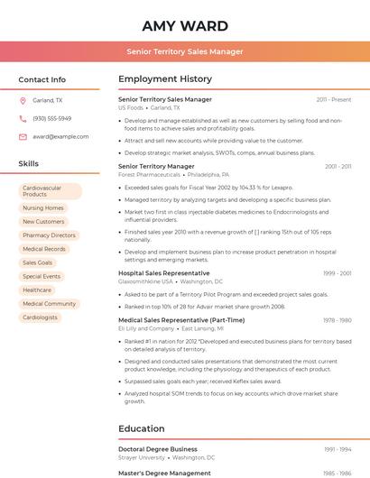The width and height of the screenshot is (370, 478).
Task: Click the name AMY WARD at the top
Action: click(x=185, y=25)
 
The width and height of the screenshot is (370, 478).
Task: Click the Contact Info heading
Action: click(x=42, y=79)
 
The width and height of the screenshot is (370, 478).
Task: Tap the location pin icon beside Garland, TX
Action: click(x=23, y=100)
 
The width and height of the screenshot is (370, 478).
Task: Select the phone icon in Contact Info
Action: click(x=23, y=118)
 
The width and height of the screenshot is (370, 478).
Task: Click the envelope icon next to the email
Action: click(x=23, y=136)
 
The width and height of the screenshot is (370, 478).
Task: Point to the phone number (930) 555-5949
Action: click(x=51, y=118)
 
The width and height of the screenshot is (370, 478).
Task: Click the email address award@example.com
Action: click(x=60, y=136)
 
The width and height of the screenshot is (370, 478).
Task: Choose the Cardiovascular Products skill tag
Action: click(x=51, y=191)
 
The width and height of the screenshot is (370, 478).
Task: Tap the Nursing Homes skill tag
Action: click(x=43, y=207)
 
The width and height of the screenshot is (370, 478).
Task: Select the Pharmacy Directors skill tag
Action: click(x=49, y=234)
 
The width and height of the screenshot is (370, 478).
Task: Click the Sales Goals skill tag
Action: click(x=38, y=262)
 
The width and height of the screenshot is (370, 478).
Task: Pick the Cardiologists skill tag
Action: click(x=40, y=317)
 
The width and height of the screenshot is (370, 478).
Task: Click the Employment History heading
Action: click(x=165, y=79)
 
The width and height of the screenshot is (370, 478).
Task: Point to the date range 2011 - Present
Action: click(x=334, y=99)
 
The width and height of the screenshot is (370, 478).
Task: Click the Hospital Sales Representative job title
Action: click(x=163, y=272)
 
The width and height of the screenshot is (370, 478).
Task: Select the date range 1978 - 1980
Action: click(x=338, y=320)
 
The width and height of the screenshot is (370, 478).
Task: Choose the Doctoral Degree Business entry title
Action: click(x=158, y=449)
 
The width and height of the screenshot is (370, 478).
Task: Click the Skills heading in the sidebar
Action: click(x=29, y=163)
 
